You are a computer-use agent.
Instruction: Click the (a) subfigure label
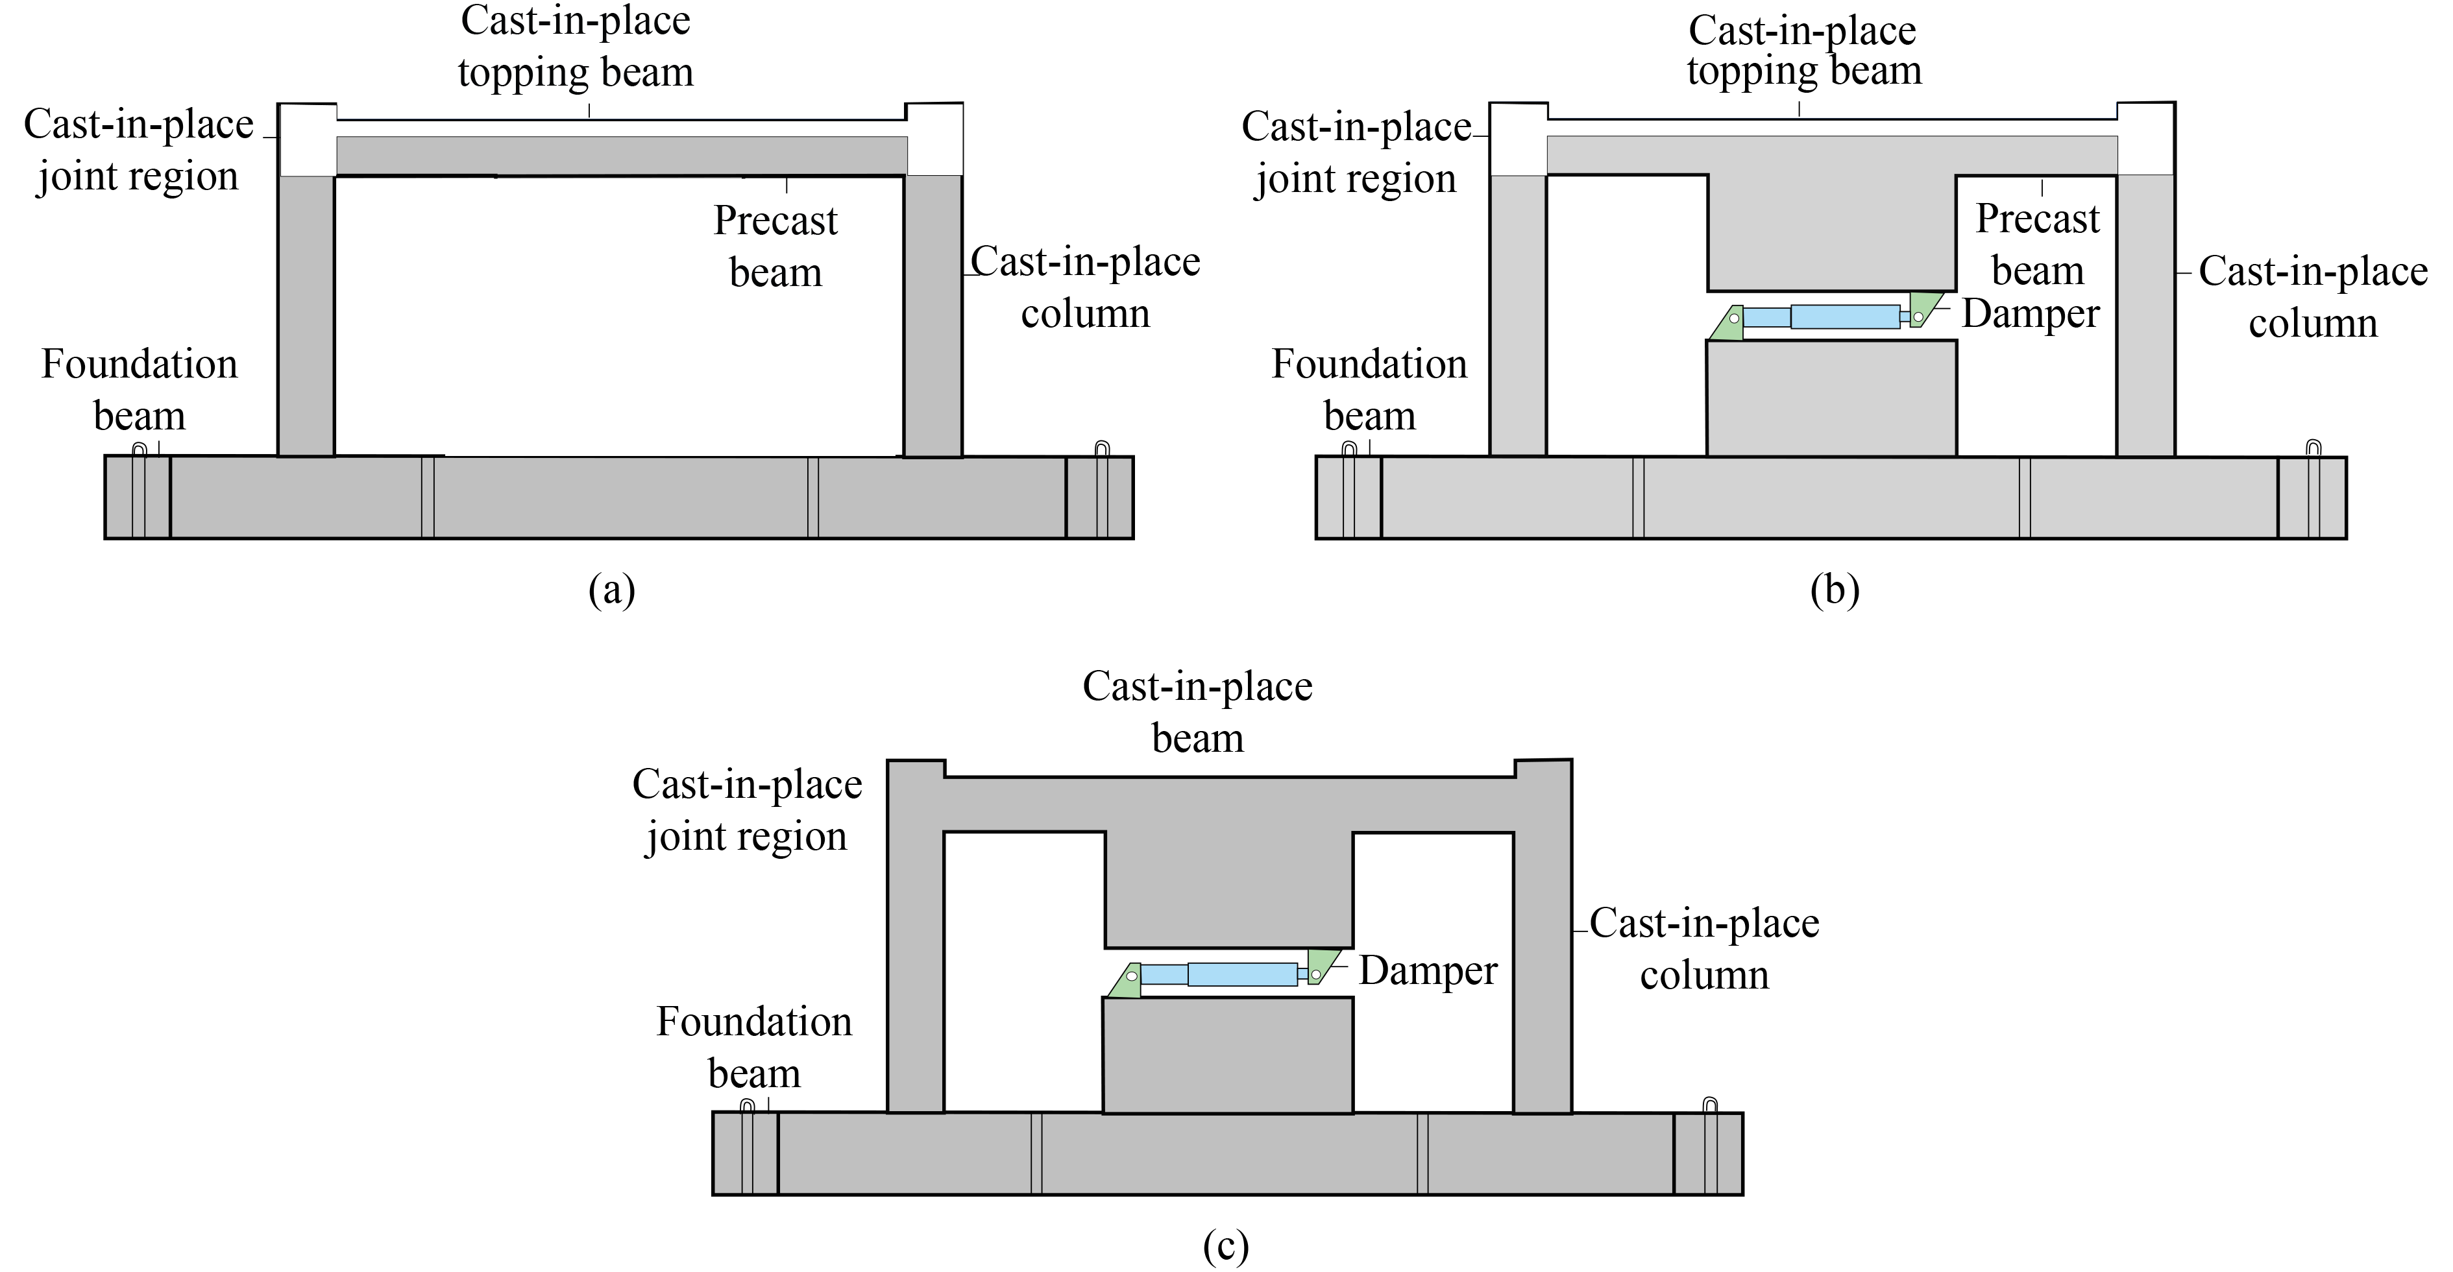611,590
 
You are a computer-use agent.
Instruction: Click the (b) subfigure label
1834,590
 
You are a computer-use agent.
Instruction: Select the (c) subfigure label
1226,1246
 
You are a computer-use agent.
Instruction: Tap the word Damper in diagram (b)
2030,313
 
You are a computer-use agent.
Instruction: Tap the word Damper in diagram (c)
1428,970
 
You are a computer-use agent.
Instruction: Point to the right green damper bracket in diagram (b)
1923,309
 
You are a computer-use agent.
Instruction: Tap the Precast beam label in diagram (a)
775,246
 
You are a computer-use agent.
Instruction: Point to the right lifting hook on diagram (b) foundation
2313,448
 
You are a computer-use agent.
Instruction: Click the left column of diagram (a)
306,314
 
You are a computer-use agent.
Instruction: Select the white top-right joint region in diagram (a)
934,139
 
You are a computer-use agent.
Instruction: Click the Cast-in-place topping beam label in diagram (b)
1803,51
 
